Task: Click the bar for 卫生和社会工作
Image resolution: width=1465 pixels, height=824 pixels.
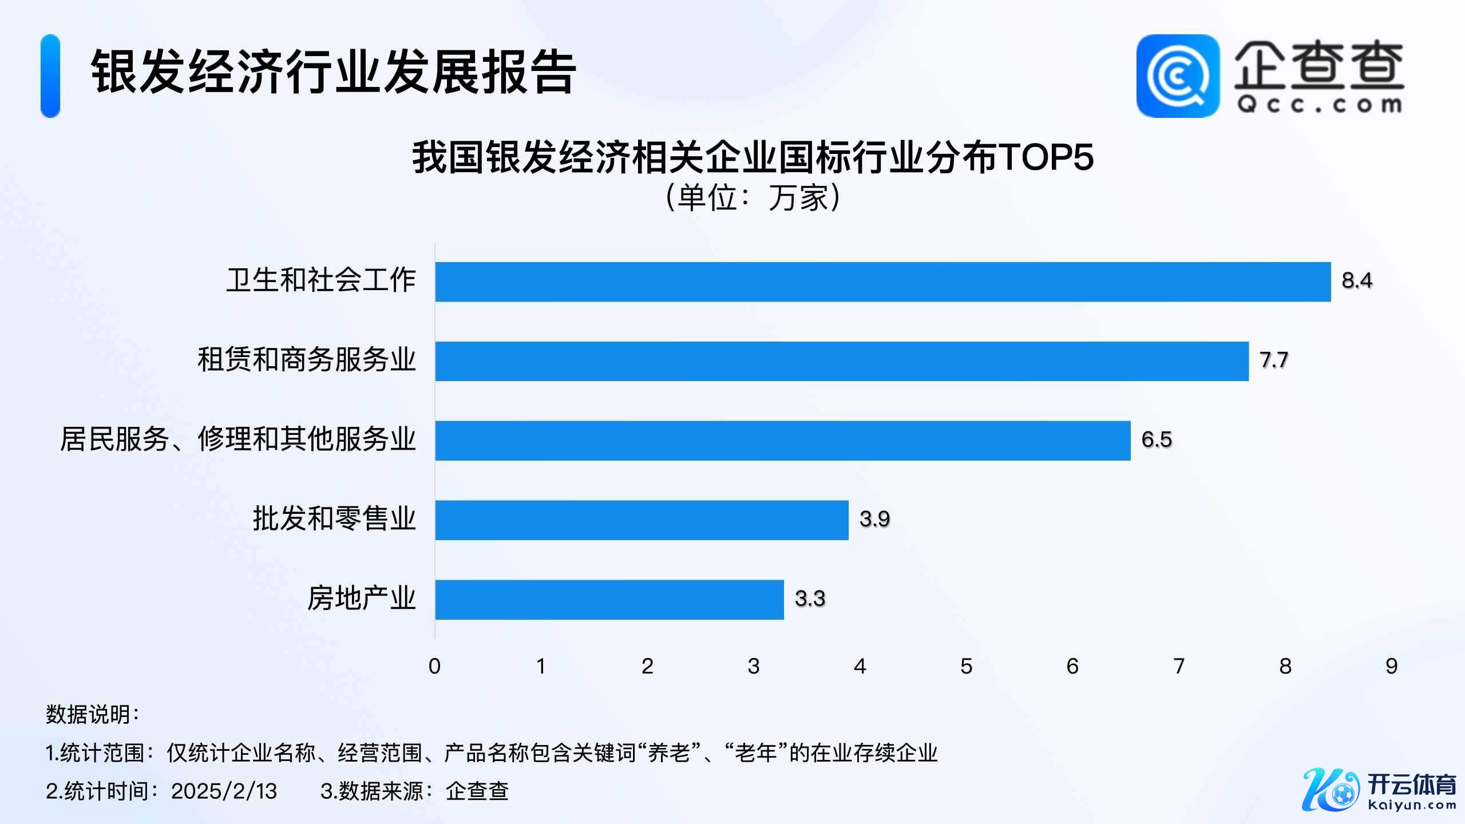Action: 883,282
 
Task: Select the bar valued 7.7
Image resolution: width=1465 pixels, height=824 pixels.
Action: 842,361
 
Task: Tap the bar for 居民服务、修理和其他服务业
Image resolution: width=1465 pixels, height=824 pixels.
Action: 783,441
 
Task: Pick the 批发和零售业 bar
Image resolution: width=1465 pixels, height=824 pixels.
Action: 642,520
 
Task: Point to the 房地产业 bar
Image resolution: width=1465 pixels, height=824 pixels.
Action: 609,600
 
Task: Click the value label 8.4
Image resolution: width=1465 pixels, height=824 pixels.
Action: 1357,280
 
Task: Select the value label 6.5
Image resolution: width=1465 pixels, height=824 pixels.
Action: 1157,439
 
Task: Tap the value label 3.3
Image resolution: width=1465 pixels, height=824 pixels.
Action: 810,599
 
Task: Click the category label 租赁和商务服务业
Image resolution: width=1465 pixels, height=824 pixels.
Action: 307,360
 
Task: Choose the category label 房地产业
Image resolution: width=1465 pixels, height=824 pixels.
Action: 362,599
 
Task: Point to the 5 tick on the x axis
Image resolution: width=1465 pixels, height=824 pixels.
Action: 967,666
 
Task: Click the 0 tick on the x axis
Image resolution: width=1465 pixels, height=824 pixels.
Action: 435,666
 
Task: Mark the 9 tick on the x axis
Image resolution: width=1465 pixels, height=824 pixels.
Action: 1392,666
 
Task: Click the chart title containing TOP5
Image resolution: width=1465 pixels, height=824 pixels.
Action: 753,157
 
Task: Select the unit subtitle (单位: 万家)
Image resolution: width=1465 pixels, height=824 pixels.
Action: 753,198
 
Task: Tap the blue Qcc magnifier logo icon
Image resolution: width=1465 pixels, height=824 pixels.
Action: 1178,76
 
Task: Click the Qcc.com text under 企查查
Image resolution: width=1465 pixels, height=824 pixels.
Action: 1319,105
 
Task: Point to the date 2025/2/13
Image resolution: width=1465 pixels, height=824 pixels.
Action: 224,791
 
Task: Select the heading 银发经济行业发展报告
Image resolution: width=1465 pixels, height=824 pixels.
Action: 334,72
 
